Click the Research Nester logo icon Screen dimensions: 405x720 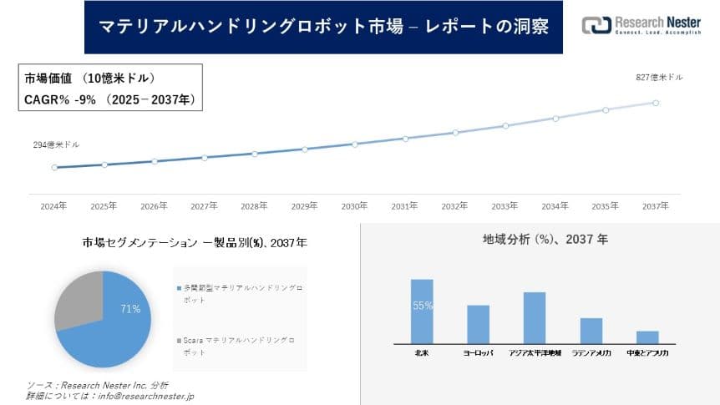(596, 26)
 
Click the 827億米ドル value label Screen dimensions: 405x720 (659, 77)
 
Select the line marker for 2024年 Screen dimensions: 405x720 (54, 167)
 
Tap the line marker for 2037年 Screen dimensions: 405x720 (656, 103)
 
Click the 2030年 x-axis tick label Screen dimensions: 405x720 (354, 205)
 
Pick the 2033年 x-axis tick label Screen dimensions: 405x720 (505, 205)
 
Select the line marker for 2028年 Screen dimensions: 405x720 (255, 154)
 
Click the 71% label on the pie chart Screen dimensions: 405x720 (130, 309)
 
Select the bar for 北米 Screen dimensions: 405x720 (422, 311)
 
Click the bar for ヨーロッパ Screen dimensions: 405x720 (478, 324)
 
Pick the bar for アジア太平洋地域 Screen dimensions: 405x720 (534, 317)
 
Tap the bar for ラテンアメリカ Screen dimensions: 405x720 (591, 330)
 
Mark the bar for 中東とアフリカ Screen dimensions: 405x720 (646, 337)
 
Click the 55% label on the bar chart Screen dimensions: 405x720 (422, 306)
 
